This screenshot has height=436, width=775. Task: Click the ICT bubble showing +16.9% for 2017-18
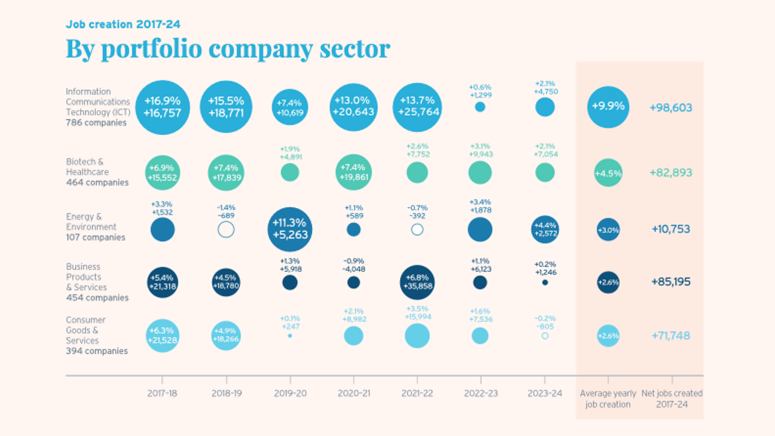[162, 107]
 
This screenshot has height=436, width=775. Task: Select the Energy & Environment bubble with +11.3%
[290, 229]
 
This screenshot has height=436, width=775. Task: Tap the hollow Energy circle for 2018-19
[226, 229]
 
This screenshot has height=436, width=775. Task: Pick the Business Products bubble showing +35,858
[417, 282]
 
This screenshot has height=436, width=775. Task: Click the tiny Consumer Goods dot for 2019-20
[290, 335]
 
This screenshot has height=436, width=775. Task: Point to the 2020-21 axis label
[354, 393]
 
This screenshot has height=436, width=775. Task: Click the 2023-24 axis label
[545, 393]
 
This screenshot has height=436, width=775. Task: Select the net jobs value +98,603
[670, 107]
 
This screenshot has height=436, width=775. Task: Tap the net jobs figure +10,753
[670, 229]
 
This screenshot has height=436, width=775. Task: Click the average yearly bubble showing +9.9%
[608, 107]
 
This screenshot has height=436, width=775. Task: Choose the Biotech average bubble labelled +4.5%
[608, 173]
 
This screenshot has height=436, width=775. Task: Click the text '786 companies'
[96, 123]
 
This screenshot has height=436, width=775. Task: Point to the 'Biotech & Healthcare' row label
[87, 167]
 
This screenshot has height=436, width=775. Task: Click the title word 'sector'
[355, 49]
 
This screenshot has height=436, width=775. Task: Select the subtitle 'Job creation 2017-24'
[123, 24]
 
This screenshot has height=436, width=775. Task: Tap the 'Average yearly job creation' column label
[608, 398]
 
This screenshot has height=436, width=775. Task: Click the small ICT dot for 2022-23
[480, 107]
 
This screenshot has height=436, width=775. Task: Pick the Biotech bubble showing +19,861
[354, 172]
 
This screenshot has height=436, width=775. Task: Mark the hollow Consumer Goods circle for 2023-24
[545, 335]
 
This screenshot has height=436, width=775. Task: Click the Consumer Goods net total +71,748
[670, 335]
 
